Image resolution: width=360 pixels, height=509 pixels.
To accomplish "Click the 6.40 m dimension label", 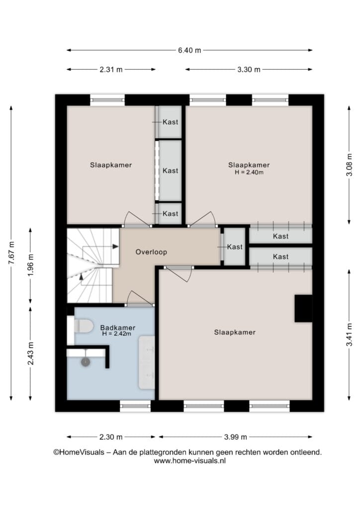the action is (x=189, y=50).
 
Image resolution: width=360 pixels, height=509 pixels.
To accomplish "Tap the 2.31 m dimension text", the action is (x=111, y=70).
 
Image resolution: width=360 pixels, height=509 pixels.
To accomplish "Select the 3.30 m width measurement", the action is (x=249, y=70).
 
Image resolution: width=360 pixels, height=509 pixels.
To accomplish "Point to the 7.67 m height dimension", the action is (x=11, y=253).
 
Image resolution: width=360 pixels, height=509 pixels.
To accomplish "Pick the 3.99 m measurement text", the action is (x=236, y=437).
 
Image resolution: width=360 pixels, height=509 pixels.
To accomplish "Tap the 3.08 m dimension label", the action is (x=349, y=165).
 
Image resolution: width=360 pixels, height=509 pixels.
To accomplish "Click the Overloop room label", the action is (x=151, y=252).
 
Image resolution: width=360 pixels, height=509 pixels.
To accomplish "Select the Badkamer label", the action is (x=118, y=328).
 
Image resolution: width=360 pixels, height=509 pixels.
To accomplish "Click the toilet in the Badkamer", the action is (x=84, y=326).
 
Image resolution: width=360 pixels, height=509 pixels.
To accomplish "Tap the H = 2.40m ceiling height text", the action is (x=249, y=172).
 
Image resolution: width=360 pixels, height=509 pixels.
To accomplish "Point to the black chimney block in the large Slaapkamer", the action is (x=303, y=308).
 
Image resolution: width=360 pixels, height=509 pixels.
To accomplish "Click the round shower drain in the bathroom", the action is (x=86, y=362).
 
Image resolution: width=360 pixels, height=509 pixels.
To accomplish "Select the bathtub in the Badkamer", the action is (x=147, y=362).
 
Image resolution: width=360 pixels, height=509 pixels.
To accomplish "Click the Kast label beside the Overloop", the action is (x=235, y=247).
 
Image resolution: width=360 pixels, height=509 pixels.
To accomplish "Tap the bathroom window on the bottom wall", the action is (x=135, y=406).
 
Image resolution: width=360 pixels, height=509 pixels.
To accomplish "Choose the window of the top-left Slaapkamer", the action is (x=107, y=99).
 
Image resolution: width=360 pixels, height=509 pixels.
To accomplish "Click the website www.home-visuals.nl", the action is (x=189, y=461).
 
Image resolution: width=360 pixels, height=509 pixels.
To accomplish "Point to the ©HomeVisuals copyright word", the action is (x=79, y=452).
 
